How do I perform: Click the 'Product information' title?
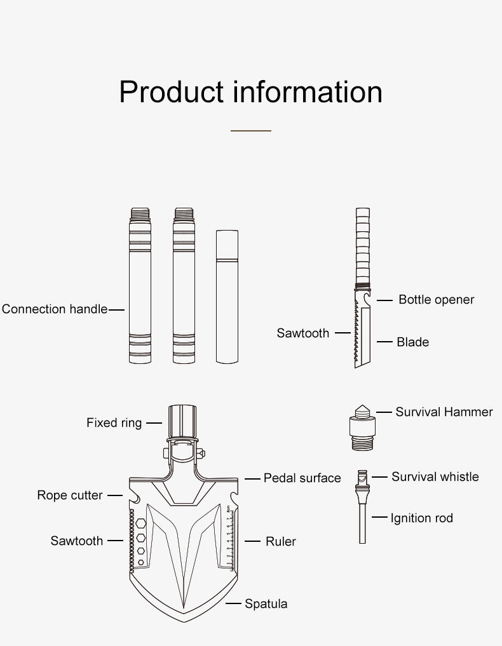pyautogui.click(x=250, y=91)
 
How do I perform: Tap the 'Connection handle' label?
pyautogui.click(x=55, y=309)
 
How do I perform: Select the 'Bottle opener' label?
pyautogui.click(x=436, y=299)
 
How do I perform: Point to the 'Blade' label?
pyautogui.click(x=412, y=342)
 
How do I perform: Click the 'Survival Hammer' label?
pyautogui.click(x=444, y=412)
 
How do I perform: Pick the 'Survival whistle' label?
pyautogui.click(x=435, y=476)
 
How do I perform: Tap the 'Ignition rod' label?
pyautogui.click(x=421, y=518)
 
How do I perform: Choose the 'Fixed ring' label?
pyautogui.click(x=114, y=422)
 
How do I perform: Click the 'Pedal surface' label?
pyautogui.click(x=302, y=478)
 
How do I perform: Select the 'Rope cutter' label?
pyautogui.click(x=70, y=495)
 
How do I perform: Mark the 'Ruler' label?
pyautogui.click(x=280, y=541)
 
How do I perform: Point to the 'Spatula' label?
pyautogui.click(x=266, y=603)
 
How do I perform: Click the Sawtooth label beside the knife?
pyautogui.click(x=302, y=333)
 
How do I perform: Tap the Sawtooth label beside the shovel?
pyautogui.click(x=77, y=541)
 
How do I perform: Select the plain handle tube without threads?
pyautogui.click(x=227, y=297)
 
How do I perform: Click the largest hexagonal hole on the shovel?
pyautogui.click(x=141, y=522)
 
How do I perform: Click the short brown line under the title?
pyautogui.click(x=250, y=130)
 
